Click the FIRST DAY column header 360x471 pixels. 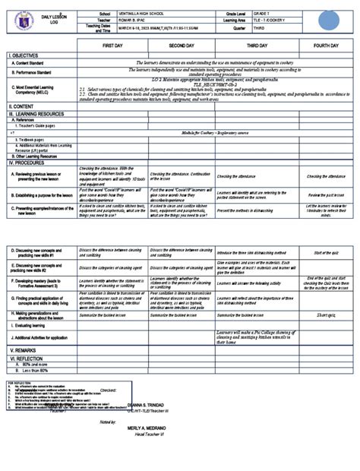[112, 46]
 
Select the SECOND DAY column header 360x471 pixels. [182, 46]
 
